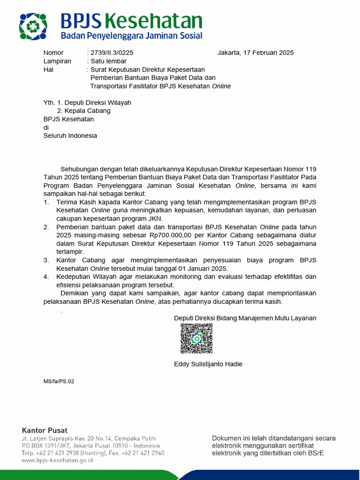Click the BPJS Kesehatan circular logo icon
(33, 27)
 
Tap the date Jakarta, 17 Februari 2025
(255, 52)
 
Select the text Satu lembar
(108, 61)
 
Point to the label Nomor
(53, 52)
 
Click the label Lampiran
(57, 61)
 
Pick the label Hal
(49, 69)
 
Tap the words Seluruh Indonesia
(70, 136)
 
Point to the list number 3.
(46, 260)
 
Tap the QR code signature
(196, 338)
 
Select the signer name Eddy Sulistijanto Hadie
(208, 364)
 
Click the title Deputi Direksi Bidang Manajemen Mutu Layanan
(245, 318)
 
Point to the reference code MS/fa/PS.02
(59, 382)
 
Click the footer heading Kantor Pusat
(45, 430)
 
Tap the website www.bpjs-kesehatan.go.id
(57, 460)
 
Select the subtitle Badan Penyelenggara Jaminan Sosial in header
(132, 36)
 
